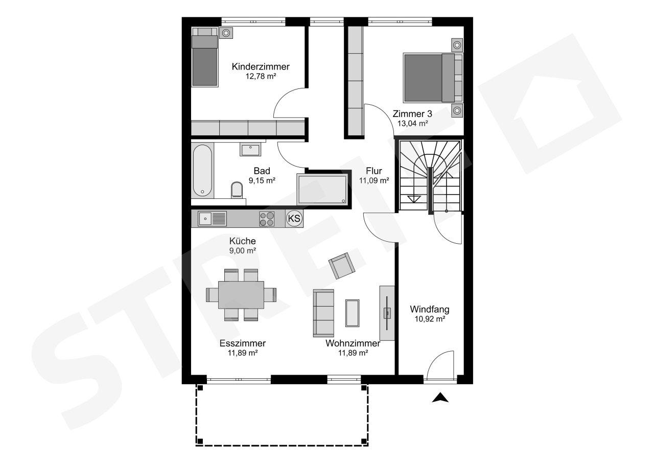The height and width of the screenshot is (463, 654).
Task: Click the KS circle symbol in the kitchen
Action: click(294, 218)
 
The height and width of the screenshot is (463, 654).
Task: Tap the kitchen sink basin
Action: click(205, 219)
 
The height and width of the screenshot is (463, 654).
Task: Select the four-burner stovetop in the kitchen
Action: click(267, 219)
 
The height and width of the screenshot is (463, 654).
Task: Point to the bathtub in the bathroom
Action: click(202, 171)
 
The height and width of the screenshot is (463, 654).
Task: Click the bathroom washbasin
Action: click(250, 149)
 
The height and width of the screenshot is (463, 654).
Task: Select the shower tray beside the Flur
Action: click(322, 189)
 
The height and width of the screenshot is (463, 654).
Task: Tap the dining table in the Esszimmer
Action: click(241, 295)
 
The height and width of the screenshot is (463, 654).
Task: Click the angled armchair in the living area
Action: click(342, 266)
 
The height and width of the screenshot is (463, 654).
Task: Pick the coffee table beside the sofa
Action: click(353, 313)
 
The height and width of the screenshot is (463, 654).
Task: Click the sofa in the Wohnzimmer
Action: click(323, 313)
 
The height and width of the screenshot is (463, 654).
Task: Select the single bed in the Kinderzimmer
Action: click(205, 57)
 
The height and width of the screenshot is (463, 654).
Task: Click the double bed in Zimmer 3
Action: click(433, 78)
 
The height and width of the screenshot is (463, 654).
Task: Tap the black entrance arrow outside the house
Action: click(440, 398)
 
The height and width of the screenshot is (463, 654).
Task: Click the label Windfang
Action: click(430, 309)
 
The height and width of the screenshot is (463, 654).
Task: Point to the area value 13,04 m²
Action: click(412, 124)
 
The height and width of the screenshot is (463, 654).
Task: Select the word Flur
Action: click(374, 171)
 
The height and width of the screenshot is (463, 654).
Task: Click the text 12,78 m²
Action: click(261, 76)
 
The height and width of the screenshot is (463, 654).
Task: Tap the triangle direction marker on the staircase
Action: click(414, 199)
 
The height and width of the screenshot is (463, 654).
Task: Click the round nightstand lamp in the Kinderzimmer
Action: click(226, 33)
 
